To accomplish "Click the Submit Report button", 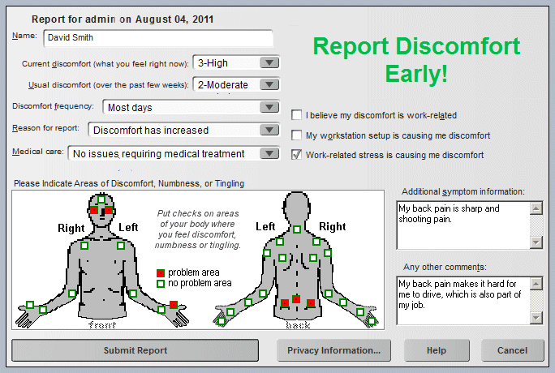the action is click(135, 350).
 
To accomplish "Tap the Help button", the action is click(437, 350).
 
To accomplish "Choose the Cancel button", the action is click(512, 350).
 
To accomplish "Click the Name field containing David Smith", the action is click(158, 38).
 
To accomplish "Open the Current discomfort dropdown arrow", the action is click(269, 63).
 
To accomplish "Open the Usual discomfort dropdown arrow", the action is click(269, 84).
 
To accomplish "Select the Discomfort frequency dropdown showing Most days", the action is click(191, 107).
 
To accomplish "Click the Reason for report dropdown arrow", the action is click(269, 130).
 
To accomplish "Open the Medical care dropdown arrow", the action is click(269, 153).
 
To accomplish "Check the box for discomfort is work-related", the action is click(296, 115).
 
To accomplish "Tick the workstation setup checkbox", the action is click(296, 135).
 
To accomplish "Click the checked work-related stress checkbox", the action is click(296, 155).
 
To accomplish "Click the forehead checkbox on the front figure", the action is click(101, 199).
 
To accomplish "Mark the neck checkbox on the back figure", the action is click(297, 229).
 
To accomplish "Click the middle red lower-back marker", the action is click(296, 299).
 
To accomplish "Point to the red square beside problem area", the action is click(161, 273).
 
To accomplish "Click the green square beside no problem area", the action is click(161, 284).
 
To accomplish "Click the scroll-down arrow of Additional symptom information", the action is click(536, 242).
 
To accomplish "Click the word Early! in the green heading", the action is click(416, 74).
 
